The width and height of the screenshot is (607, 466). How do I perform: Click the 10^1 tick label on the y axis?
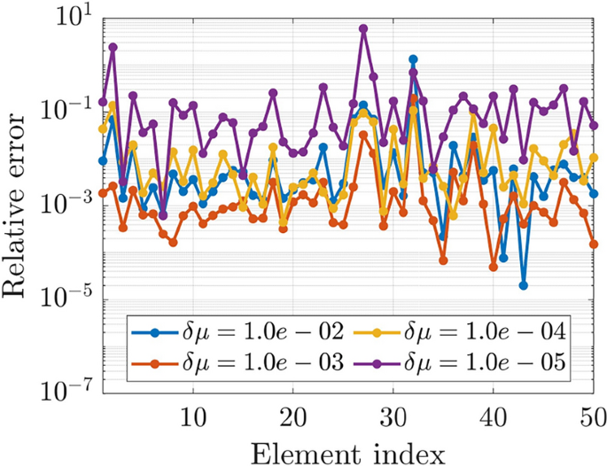coord(74,18)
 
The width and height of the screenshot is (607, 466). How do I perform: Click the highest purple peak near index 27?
coord(363,28)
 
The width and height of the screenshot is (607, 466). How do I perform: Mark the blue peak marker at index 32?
coord(414,59)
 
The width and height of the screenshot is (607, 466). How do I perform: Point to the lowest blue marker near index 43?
coord(524,285)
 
